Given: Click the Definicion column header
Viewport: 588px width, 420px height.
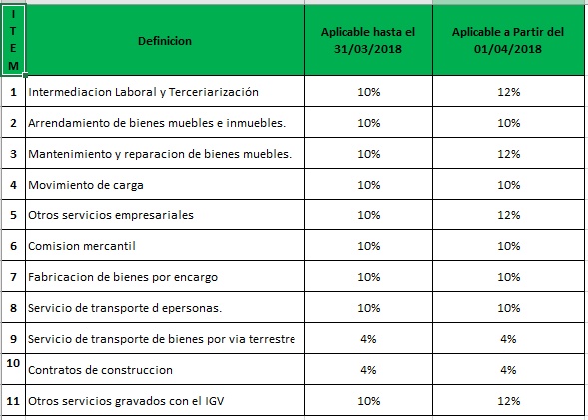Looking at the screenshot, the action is [165, 41].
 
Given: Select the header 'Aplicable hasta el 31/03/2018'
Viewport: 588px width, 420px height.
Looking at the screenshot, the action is [368, 41].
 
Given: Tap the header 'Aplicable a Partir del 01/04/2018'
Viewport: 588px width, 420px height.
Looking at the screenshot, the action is [508, 41].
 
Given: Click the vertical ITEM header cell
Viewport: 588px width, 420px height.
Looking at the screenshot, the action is [13, 40].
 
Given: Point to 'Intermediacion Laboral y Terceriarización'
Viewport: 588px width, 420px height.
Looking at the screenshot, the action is [143, 92].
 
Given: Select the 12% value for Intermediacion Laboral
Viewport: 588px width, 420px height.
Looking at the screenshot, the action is [508, 92].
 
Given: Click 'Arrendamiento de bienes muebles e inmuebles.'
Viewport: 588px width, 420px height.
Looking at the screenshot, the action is [157, 123].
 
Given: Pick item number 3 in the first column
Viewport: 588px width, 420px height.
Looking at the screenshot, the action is [13, 154].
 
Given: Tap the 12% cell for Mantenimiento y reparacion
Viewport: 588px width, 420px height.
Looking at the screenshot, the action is [508, 154].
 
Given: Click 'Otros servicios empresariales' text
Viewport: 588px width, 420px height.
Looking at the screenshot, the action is [111, 215].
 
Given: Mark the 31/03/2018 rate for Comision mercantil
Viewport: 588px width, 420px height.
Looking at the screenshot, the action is [369, 246].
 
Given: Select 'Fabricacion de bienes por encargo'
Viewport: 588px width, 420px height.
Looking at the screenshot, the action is [123, 277].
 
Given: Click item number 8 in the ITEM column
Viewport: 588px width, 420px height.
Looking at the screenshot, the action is [13, 308].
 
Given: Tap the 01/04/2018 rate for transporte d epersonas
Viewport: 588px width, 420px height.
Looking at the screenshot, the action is [508, 308].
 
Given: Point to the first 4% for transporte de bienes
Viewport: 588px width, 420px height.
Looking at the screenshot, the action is [368, 339].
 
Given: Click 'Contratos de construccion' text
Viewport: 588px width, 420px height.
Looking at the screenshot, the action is [100, 370].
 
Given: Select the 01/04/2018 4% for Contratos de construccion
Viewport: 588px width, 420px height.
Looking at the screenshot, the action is [508, 370].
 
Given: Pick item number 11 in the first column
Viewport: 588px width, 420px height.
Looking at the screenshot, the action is [13, 401].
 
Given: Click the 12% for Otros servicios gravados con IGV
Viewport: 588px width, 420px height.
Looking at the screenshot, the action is [508, 401].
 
